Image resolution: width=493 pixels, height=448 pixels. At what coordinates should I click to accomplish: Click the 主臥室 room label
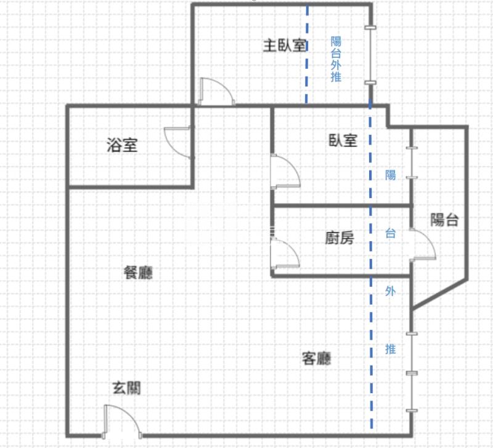point(285,46)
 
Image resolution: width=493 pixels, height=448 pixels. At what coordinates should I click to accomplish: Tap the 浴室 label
point(122,145)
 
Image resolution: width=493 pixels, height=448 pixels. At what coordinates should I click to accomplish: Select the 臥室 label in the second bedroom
point(343,140)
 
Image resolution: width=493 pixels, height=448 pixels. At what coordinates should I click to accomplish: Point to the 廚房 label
point(340,238)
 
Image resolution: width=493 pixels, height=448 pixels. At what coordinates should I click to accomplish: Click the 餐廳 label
point(138,273)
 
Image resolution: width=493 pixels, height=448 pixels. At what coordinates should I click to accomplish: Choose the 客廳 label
point(317,358)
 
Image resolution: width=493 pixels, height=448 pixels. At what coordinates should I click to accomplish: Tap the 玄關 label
point(127,388)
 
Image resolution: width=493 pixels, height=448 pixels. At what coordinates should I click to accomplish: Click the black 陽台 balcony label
point(444,220)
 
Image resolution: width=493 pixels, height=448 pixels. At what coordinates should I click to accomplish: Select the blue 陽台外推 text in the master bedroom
point(336,59)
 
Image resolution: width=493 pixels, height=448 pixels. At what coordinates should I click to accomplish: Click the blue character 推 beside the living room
point(391,349)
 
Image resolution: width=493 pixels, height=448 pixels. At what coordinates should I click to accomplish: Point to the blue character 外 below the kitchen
point(391,291)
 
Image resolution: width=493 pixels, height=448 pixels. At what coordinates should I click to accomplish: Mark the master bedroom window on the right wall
point(370,55)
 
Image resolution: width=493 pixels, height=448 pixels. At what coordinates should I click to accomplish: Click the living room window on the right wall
point(412,372)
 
